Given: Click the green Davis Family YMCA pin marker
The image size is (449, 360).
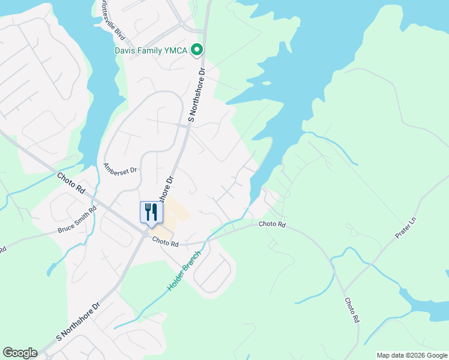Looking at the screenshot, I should click(x=196, y=51).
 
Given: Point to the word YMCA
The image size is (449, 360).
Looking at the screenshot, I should click(x=176, y=51).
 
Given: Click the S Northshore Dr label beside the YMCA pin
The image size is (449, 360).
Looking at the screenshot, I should click(x=197, y=95).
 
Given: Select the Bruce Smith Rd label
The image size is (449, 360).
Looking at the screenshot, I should click(x=77, y=221).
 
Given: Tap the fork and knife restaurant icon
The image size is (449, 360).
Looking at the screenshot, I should click(x=151, y=212).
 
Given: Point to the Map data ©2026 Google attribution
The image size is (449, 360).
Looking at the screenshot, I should click(x=411, y=355).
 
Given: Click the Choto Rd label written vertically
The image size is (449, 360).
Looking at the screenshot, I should click(x=352, y=311).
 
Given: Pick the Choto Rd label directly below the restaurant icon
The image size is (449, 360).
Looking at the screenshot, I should click(x=166, y=243).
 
